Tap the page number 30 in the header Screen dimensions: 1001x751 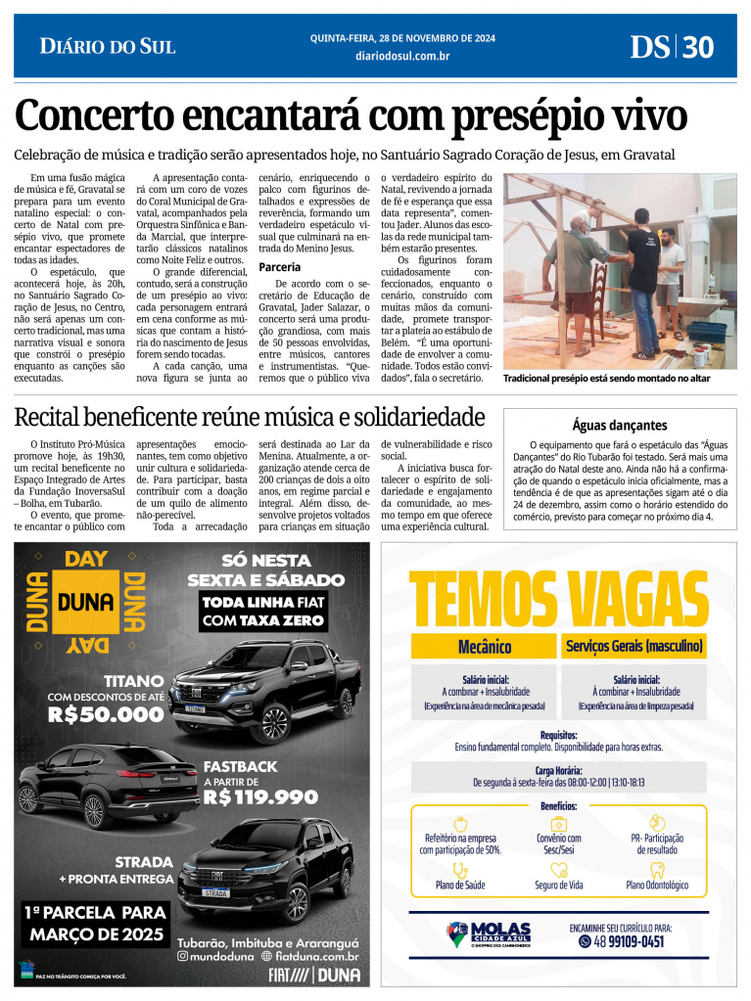[x=699, y=47]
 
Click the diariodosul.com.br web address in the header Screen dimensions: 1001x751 [x=402, y=57]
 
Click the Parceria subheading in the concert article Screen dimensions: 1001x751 [x=280, y=266]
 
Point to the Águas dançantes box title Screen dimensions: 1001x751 [x=619, y=425]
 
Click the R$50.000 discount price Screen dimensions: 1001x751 [x=106, y=714]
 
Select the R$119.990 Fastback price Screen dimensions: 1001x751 [x=260, y=796]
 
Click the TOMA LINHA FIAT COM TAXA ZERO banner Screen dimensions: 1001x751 [x=262, y=611]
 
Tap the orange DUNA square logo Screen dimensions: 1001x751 [x=85, y=602]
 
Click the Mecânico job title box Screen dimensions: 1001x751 [x=484, y=647]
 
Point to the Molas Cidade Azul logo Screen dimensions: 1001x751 [x=489, y=934]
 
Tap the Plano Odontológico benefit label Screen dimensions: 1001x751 [x=657, y=885]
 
